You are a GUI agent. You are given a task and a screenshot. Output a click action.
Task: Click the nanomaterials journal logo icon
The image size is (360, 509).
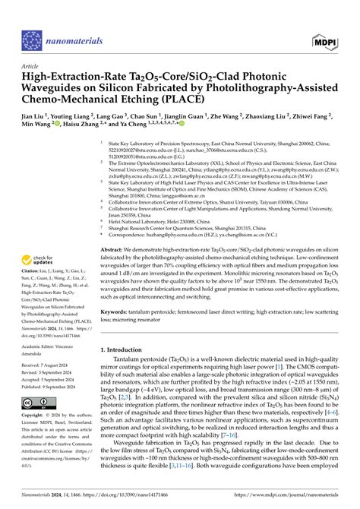click(33, 39)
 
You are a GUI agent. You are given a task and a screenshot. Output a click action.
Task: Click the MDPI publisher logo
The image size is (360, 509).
click(325, 39)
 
